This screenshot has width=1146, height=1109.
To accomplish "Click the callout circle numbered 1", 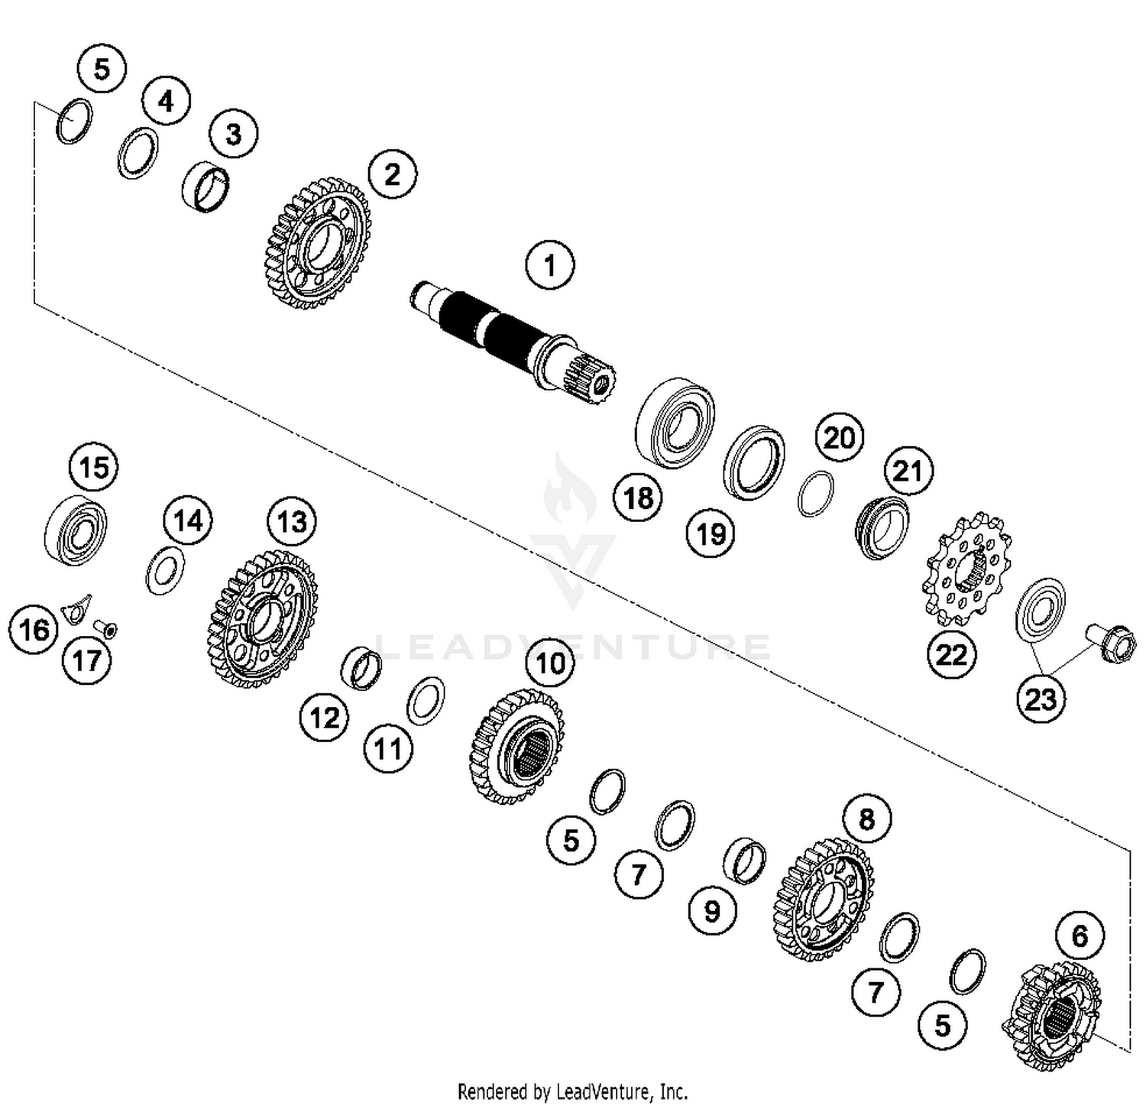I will click(549, 266).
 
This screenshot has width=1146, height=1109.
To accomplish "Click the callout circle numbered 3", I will click(233, 134).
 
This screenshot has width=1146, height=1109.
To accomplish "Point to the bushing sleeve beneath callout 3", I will click(206, 188).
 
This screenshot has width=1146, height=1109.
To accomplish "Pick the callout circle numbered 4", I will click(166, 101).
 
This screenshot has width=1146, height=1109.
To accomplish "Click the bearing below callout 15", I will click(76, 530).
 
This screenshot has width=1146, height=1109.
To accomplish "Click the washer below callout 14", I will click(165, 571).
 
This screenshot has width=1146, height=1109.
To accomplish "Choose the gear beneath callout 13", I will click(262, 618).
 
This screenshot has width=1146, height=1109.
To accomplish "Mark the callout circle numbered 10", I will click(550, 662).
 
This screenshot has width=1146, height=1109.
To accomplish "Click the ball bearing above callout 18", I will click(675, 423).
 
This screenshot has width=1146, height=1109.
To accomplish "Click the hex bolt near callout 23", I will click(1109, 644).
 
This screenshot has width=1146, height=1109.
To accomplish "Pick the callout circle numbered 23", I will click(1041, 698).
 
